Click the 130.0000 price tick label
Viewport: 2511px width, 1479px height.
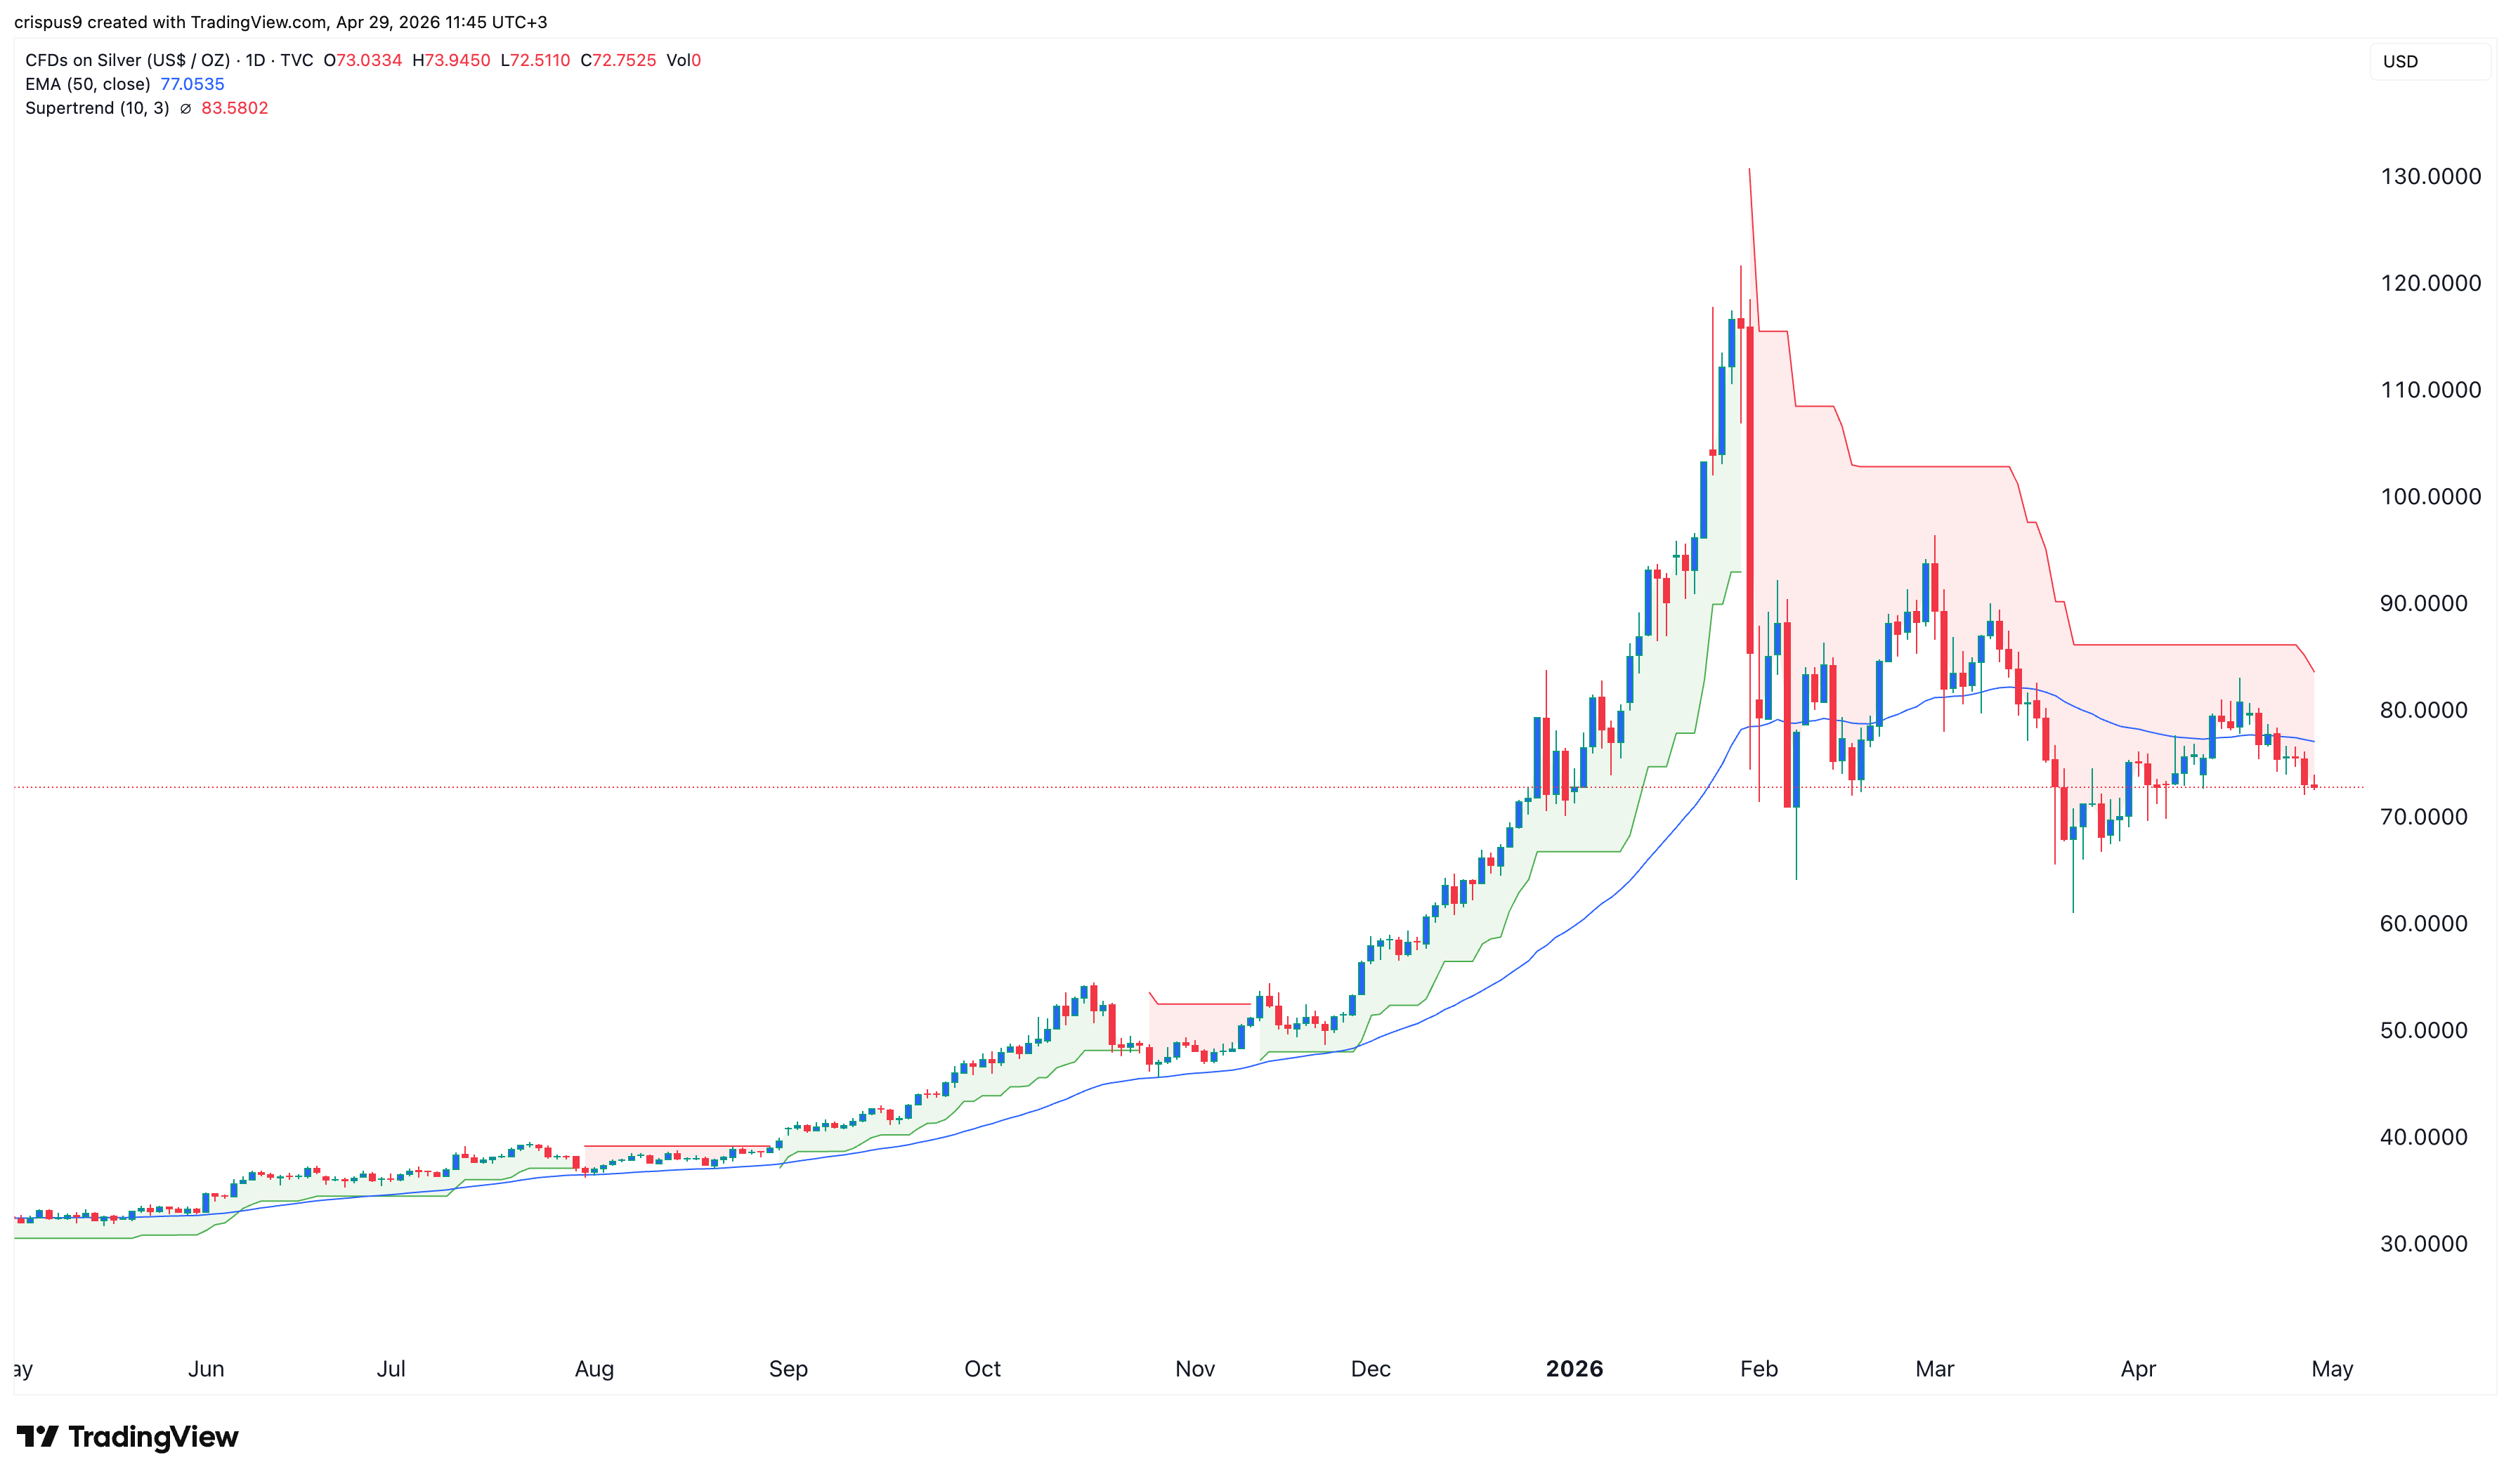coord(2430,176)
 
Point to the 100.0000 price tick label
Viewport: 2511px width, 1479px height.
coord(2430,497)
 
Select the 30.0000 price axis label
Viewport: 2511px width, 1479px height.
coord(2423,1243)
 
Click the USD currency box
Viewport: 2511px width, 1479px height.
coord(2401,62)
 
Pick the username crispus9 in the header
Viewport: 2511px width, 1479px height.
coord(48,22)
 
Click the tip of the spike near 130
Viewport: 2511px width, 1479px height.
coord(1749,171)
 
